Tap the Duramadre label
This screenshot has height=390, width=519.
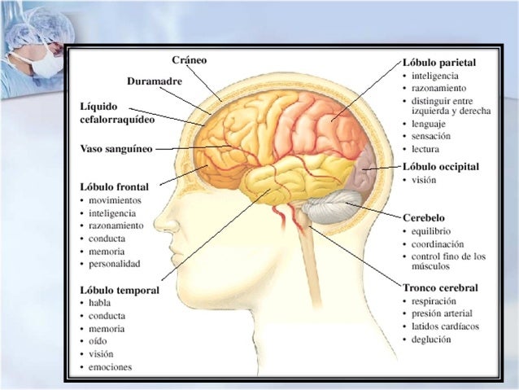click(x=155, y=81)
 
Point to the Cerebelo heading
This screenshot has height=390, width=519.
click(x=425, y=218)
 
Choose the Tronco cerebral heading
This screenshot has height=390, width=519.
click(x=440, y=287)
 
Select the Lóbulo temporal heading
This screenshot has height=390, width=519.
click(x=120, y=289)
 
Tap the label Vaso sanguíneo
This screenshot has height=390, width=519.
click(x=116, y=149)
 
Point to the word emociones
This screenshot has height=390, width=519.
click(x=111, y=366)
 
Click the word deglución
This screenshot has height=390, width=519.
click(x=431, y=340)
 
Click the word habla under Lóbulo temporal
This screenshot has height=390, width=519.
click(x=99, y=302)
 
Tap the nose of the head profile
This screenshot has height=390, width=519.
click(x=159, y=219)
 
